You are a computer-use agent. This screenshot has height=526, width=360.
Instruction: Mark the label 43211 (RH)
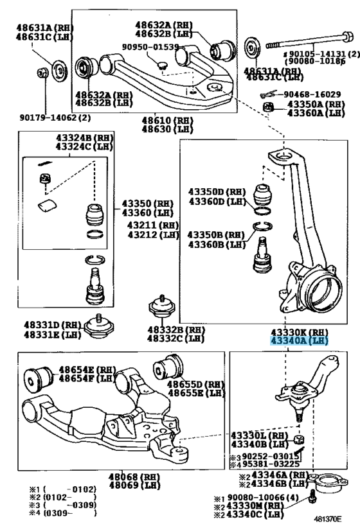pyautogui.click(x=152, y=225)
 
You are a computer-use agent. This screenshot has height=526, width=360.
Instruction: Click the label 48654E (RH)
pyautogui.click(x=85, y=370)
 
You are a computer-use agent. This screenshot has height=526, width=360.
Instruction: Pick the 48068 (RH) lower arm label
pyautogui.click(x=134, y=477)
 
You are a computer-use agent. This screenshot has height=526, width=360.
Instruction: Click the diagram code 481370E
pyautogui.click(x=328, y=518)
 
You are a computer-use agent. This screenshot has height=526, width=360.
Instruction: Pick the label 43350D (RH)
pyautogui.click(x=217, y=191)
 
